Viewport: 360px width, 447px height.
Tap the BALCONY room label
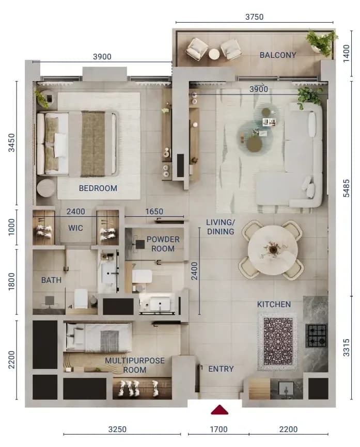[278, 55]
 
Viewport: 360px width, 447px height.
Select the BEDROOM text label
[98, 188]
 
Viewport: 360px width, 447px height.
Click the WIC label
[75, 228]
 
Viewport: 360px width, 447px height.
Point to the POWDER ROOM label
[163, 244]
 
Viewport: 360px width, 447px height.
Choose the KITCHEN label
[274, 305]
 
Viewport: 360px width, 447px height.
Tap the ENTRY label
[221, 369]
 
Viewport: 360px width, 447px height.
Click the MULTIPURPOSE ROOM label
[135, 365]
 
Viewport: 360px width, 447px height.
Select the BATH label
[51, 280]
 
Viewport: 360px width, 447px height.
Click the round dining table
[273, 250]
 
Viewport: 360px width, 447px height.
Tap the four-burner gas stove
[316, 336]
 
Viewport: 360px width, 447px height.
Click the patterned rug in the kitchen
[277, 342]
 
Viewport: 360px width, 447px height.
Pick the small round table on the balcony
[214, 54]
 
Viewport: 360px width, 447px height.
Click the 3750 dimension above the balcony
[255, 17]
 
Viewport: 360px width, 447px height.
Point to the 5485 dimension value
[346, 188]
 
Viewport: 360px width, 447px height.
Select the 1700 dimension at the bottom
[219, 429]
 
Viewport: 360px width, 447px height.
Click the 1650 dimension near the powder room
[154, 212]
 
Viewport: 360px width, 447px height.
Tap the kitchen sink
[286, 388]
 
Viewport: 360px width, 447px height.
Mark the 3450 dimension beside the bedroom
[11, 143]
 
